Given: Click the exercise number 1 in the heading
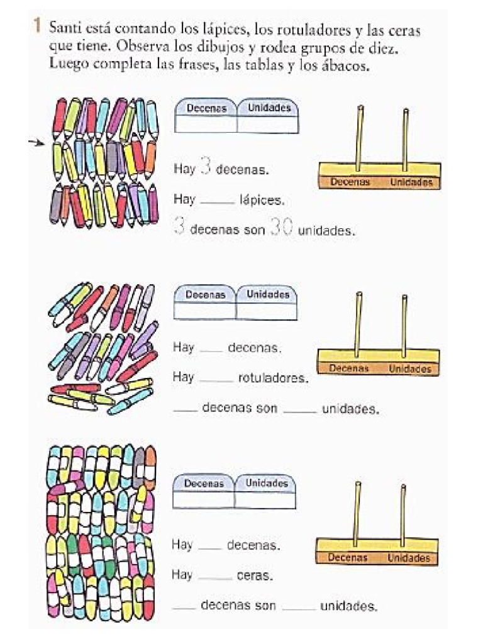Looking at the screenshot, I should pyautogui.click(x=38, y=26).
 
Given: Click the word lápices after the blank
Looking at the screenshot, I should pyautogui.click(x=262, y=201).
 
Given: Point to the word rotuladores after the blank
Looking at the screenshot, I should pyautogui.click(x=273, y=378).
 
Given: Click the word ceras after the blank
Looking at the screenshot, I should pyautogui.click(x=254, y=575).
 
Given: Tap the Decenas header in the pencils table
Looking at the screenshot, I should pyautogui.click(x=206, y=108).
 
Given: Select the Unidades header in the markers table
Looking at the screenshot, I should pyautogui.click(x=267, y=294).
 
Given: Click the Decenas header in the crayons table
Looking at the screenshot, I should pyautogui.click(x=203, y=484).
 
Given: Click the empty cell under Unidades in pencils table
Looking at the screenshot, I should pyautogui.click(x=268, y=124).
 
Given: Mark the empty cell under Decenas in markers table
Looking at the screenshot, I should pyautogui.click(x=204, y=311).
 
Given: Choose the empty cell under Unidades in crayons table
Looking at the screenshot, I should pyautogui.click(x=265, y=500).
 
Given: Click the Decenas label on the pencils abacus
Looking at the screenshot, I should pyautogui.click(x=350, y=182).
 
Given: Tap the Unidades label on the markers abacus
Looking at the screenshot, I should pyautogui.click(x=409, y=369).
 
